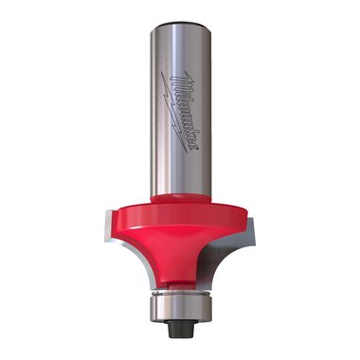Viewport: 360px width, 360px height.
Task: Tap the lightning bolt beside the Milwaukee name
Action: [174, 113]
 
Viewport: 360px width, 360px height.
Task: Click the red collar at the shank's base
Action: [181, 199]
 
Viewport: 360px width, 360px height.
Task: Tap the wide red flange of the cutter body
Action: [179, 216]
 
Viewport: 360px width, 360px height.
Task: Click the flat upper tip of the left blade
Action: [108, 212]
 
